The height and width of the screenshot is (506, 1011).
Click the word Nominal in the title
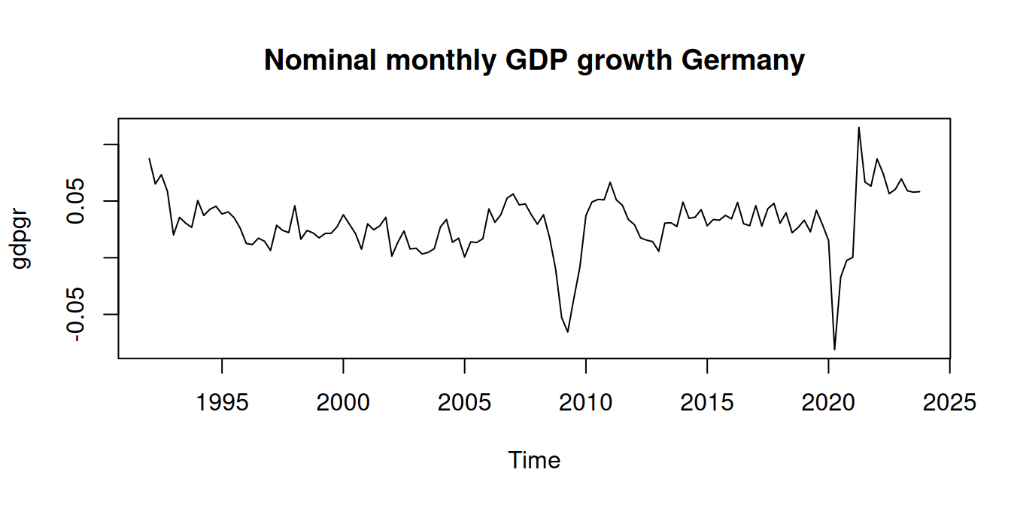click(320, 60)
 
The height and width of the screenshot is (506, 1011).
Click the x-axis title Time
click(534, 460)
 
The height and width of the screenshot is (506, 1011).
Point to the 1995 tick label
click(222, 403)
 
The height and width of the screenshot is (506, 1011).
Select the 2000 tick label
click(343, 403)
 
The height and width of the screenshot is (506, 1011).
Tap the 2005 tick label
click(465, 403)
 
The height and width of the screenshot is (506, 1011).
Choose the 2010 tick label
click(586, 403)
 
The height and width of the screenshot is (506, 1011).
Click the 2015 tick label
click(707, 403)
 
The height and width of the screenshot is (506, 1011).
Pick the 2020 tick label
click(828, 403)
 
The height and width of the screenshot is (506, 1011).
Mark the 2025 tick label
click(949, 403)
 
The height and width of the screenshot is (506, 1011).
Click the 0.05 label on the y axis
click(79, 201)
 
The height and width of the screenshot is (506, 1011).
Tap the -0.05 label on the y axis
click(79, 314)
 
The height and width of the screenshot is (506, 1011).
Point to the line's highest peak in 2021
click(858, 127)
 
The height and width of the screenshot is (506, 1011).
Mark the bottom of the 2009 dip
click(568, 332)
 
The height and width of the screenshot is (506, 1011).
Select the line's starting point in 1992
click(149, 158)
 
